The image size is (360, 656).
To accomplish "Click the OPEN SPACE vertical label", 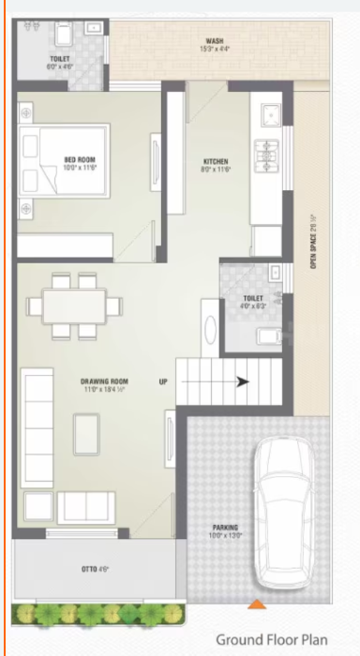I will pos(314,244).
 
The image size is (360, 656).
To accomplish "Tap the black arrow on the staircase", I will pos(242,381).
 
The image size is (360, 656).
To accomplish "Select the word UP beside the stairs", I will pos(163,381).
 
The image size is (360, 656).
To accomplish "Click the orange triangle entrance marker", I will pos(253,604).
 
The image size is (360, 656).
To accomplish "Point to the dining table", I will pos(74,306).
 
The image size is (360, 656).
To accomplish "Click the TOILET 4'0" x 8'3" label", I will pos(254,302).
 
